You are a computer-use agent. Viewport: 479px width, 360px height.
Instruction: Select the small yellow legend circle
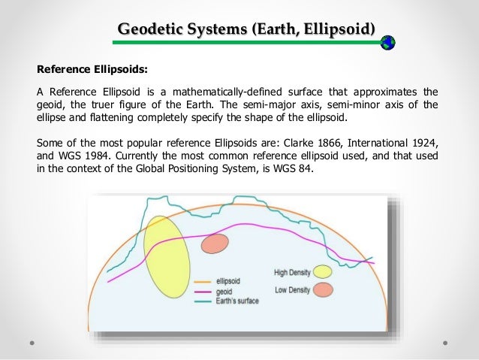(323, 271)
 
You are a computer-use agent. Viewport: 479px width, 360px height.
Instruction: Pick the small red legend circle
(323, 289)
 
